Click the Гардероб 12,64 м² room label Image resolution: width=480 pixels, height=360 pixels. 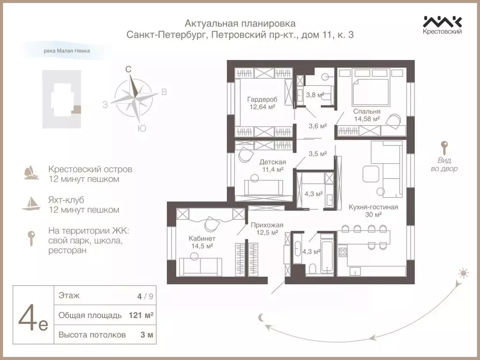point(261,103)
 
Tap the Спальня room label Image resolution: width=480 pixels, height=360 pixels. point(367,115)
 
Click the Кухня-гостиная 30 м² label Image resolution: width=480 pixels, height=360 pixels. point(373,210)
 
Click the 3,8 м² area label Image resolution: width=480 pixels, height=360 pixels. point(315,95)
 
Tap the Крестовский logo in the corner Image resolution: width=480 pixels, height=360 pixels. point(442,25)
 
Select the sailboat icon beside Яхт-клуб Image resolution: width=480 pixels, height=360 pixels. point(31,203)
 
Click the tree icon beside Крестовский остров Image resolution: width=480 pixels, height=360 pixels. point(31,172)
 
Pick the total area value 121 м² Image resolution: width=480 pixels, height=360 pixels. point(141,315)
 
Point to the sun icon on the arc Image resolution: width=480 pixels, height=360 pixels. point(464,273)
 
